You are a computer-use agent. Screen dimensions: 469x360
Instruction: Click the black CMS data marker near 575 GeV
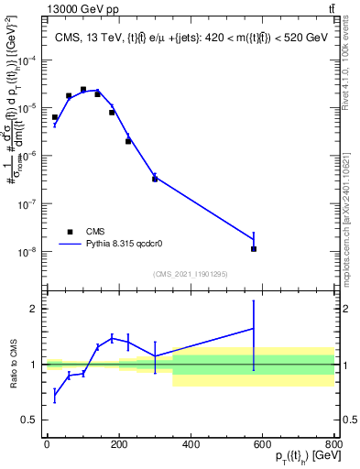tap(254, 248)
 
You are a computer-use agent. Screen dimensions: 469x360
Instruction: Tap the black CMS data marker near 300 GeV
tap(155, 179)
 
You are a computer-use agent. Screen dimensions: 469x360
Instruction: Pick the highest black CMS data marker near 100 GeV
tap(83, 90)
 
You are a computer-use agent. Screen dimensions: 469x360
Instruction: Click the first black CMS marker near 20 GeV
tap(55, 117)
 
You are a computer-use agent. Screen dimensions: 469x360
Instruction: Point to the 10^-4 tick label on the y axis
tap(28, 60)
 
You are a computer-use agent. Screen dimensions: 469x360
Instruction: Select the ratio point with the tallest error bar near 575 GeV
tap(254, 328)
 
